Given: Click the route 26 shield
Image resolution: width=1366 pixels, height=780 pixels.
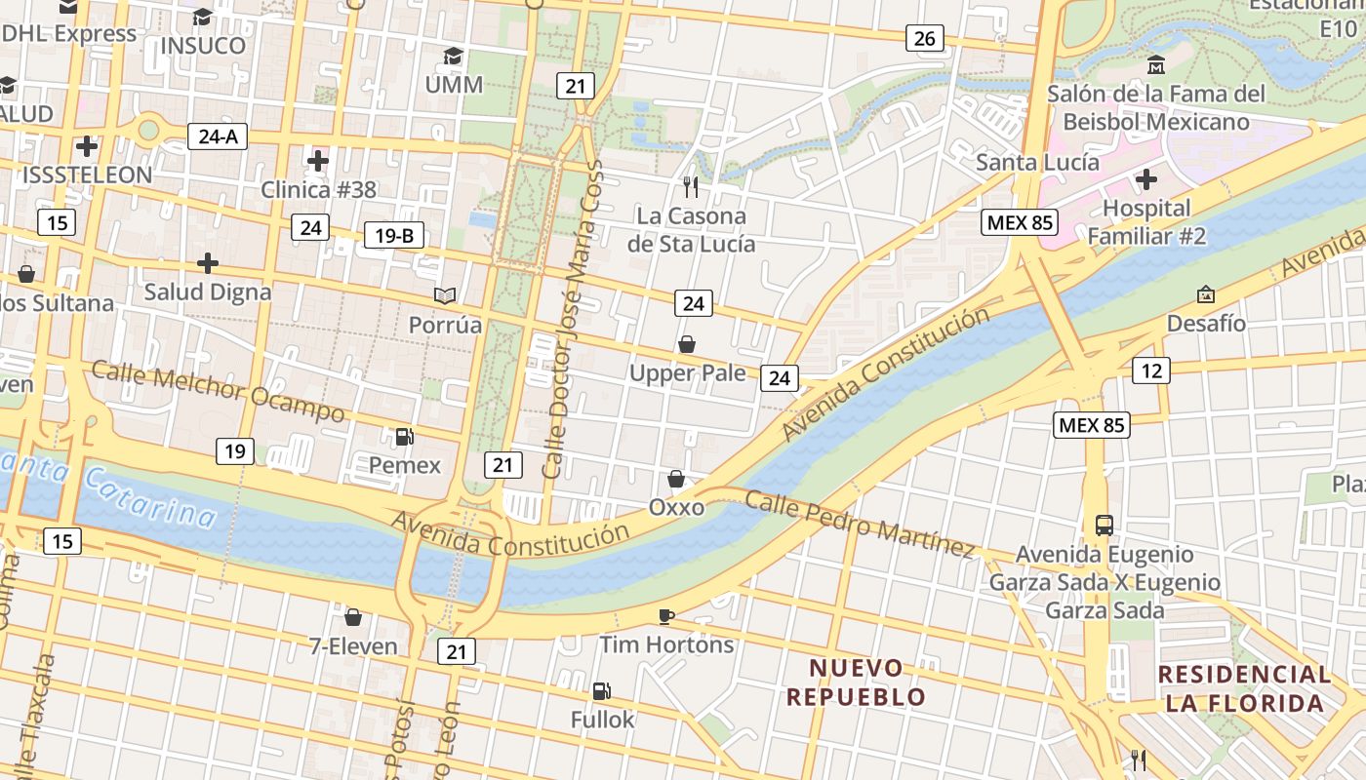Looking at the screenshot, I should [924, 39].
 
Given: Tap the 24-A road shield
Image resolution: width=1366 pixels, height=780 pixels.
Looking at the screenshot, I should [218, 136].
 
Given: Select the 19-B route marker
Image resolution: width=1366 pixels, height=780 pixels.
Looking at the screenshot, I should [394, 235].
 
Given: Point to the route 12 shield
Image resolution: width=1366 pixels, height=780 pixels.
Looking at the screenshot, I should [1151, 370].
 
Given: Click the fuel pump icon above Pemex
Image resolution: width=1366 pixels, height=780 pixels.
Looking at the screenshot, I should [404, 437].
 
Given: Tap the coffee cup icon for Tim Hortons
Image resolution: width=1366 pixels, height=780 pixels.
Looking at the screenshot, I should [666, 616].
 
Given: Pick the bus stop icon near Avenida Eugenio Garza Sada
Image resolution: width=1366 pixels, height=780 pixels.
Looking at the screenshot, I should [1105, 526].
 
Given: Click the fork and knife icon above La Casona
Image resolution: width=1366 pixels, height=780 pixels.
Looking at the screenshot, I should [691, 186].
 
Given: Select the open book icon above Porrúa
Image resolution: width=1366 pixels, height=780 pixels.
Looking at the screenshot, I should [445, 295].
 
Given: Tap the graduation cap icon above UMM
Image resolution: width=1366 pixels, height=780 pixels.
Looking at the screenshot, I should [453, 56].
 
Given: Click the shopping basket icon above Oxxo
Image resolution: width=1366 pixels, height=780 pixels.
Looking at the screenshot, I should [675, 479].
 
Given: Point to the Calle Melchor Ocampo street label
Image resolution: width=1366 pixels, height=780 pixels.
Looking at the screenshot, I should [218, 391].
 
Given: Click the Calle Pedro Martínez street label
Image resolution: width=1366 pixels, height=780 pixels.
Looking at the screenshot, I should [860, 525].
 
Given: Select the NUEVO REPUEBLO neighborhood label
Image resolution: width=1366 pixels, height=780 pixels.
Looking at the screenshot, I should [856, 682].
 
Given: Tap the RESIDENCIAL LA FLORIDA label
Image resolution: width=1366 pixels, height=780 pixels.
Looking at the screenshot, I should [1244, 688].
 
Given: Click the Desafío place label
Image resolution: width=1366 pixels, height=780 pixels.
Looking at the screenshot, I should [1206, 323].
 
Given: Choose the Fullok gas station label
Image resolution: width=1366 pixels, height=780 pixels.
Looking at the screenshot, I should [602, 720].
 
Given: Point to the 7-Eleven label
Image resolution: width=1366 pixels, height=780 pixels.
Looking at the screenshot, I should [353, 645].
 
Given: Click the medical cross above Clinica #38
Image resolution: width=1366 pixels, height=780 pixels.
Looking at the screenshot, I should [318, 161].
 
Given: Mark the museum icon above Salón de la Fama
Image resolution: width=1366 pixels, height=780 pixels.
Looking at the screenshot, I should [1156, 65].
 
